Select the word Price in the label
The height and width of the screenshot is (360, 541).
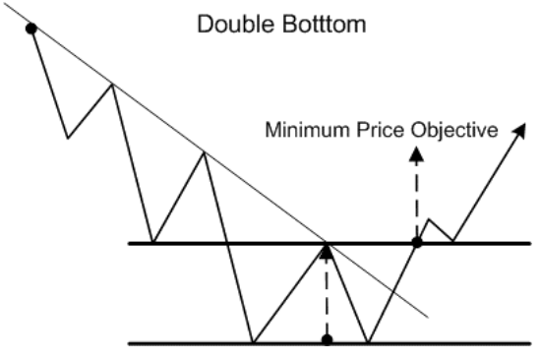point(389,130)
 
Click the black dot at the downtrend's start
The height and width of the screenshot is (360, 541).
point(31,29)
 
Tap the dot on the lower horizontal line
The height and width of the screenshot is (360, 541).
point(327,340)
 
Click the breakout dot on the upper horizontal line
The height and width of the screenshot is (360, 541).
point(416,240)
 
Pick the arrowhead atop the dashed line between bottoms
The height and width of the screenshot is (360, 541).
point(327,252)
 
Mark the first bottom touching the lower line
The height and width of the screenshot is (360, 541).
point(253,342)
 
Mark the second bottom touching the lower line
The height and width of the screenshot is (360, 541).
point(368,342)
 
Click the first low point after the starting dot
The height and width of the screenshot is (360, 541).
point(67,138)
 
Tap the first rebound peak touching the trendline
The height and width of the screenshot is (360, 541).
point(111,86)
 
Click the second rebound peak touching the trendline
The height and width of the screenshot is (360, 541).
point(204,152)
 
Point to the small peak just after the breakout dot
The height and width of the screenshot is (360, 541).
point(430,220)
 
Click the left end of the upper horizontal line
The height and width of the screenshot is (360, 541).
point(131,241)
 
